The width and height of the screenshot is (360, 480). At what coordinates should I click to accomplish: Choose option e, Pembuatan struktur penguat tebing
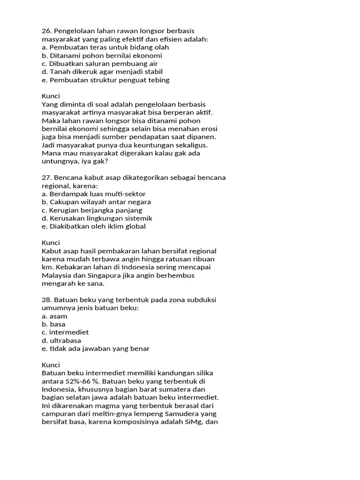[105, 80]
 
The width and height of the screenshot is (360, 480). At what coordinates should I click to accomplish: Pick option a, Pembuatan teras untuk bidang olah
[105, 47]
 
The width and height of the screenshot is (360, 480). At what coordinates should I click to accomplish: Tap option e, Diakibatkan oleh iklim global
[94, 226]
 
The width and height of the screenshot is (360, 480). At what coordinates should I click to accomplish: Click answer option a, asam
[54, 316]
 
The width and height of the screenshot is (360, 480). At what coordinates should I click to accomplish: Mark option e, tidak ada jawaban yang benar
[96, 348]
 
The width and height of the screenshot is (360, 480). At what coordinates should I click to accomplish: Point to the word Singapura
[100, 276]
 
